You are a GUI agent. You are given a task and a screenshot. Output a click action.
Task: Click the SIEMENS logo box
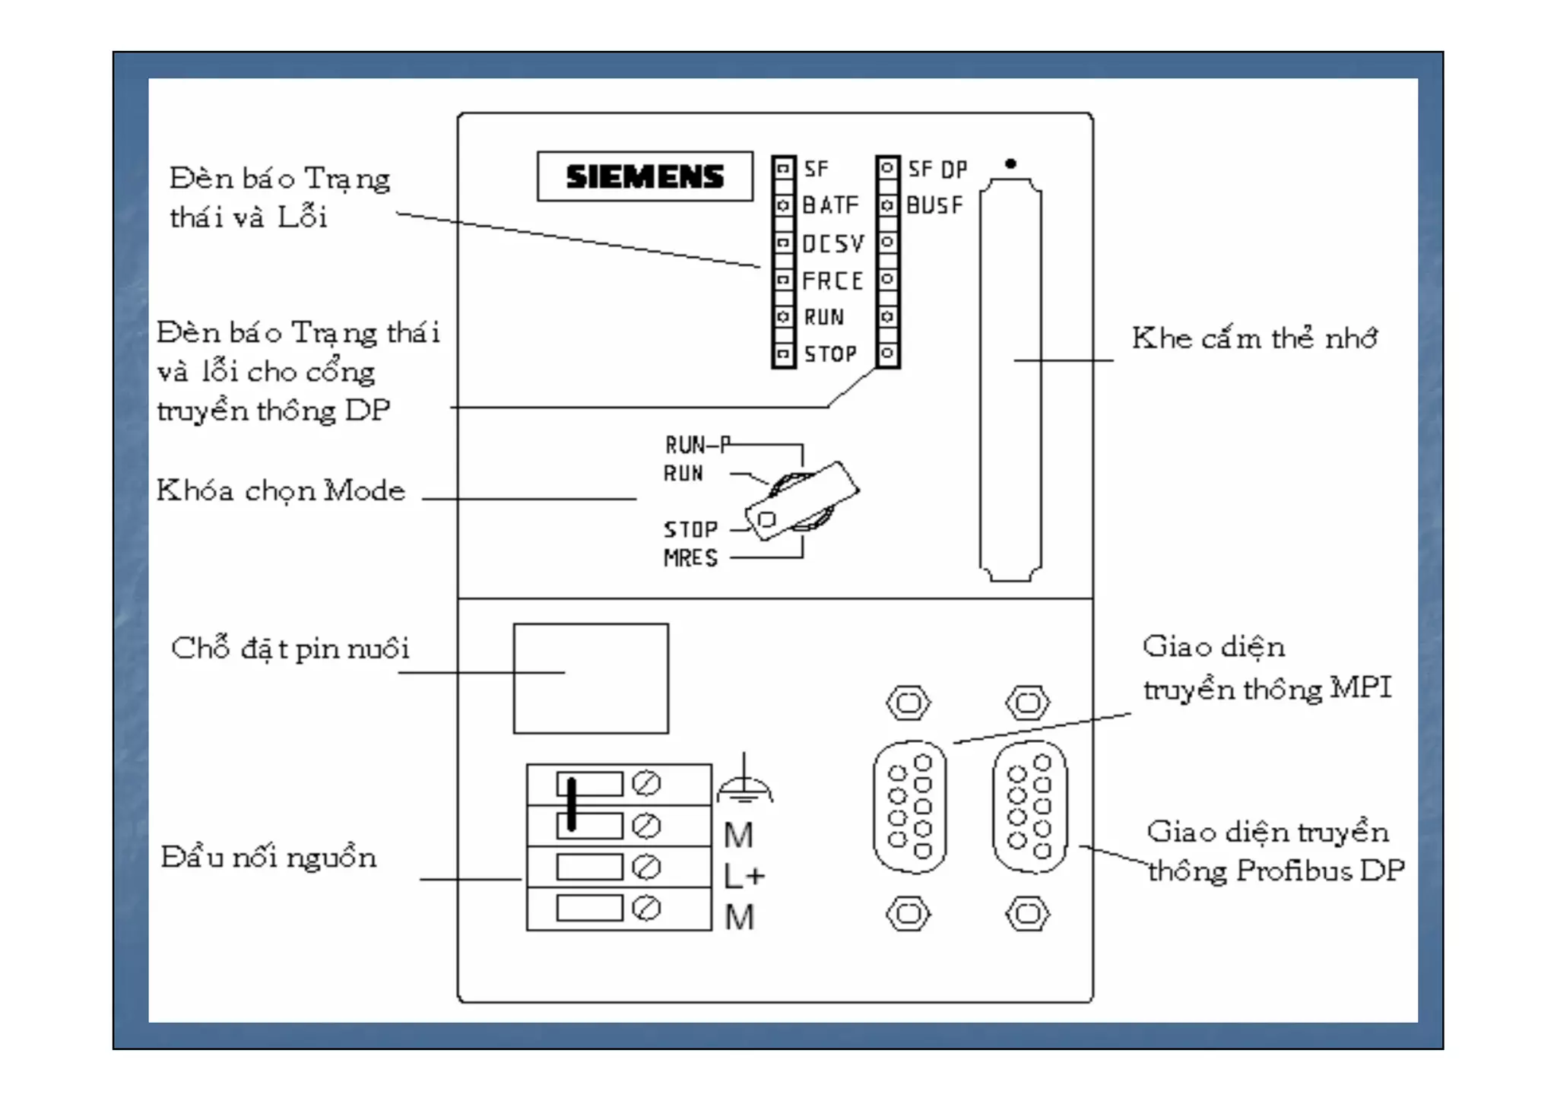tap(645, 176)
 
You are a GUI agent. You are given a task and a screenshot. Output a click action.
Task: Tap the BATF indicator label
tap(830, 205)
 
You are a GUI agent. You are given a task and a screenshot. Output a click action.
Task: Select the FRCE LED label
tap(832, 281)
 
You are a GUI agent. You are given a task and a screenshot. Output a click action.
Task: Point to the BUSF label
tap(934, 205)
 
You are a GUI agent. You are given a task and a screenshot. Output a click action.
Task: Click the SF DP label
tap(937, 169)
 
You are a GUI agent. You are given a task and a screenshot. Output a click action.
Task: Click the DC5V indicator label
tap(833, 243)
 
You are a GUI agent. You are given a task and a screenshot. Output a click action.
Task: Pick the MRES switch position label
tap(690, 558)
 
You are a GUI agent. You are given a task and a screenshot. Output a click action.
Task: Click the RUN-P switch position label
tap(696, 445)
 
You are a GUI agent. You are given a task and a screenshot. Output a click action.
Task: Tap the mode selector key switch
tap(801, 501)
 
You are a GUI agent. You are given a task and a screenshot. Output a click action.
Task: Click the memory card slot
tap(1010, 380)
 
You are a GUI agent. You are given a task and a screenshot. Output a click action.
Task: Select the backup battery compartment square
tap(591, 678)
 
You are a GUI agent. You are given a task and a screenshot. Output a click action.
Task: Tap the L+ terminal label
tap(744, 877)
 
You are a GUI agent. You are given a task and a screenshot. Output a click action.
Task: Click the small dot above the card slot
tap(1010, 163)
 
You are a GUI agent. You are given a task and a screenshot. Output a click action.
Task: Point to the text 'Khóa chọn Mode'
tap(281, 491)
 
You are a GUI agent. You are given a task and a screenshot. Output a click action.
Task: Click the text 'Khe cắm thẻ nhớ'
tap(1254, 338)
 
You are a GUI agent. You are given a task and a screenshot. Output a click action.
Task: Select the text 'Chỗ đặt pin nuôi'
tap(290, 649)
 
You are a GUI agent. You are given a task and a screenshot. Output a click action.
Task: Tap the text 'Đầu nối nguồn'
tap(268, 858)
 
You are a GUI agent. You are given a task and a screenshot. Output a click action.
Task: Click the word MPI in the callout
tap(1361, 688)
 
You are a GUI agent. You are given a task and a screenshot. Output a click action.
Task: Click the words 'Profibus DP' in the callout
tap(1320, 871)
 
